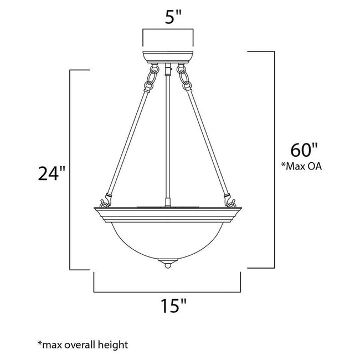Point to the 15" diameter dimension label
coord(168,306)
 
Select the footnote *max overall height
coord(83,344)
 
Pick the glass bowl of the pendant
coord(168,238)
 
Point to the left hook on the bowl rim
coord(103,198)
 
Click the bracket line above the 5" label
coord(168,31)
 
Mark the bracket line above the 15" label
coord(168,291)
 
